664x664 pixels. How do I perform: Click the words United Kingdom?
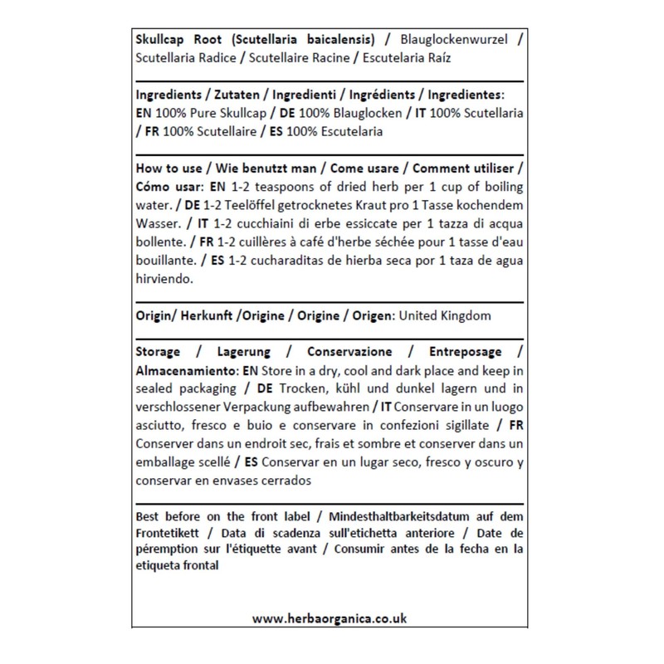445,316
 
